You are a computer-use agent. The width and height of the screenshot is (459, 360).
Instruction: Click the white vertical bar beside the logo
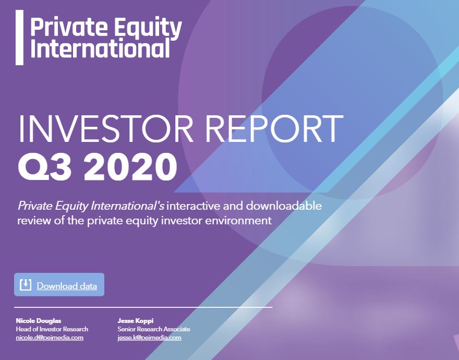click(19, 38)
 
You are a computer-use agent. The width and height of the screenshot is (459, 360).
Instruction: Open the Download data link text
click(67, 286)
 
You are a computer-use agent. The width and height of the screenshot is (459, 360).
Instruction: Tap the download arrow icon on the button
click(26, 285)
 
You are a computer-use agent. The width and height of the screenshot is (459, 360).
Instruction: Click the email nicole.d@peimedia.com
click(50, 338)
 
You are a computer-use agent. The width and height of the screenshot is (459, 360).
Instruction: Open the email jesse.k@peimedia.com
click(149, 338)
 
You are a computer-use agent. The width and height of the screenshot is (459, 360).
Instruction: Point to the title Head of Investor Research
click(52, 329)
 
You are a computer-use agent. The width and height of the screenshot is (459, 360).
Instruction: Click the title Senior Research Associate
click(154, 329)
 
